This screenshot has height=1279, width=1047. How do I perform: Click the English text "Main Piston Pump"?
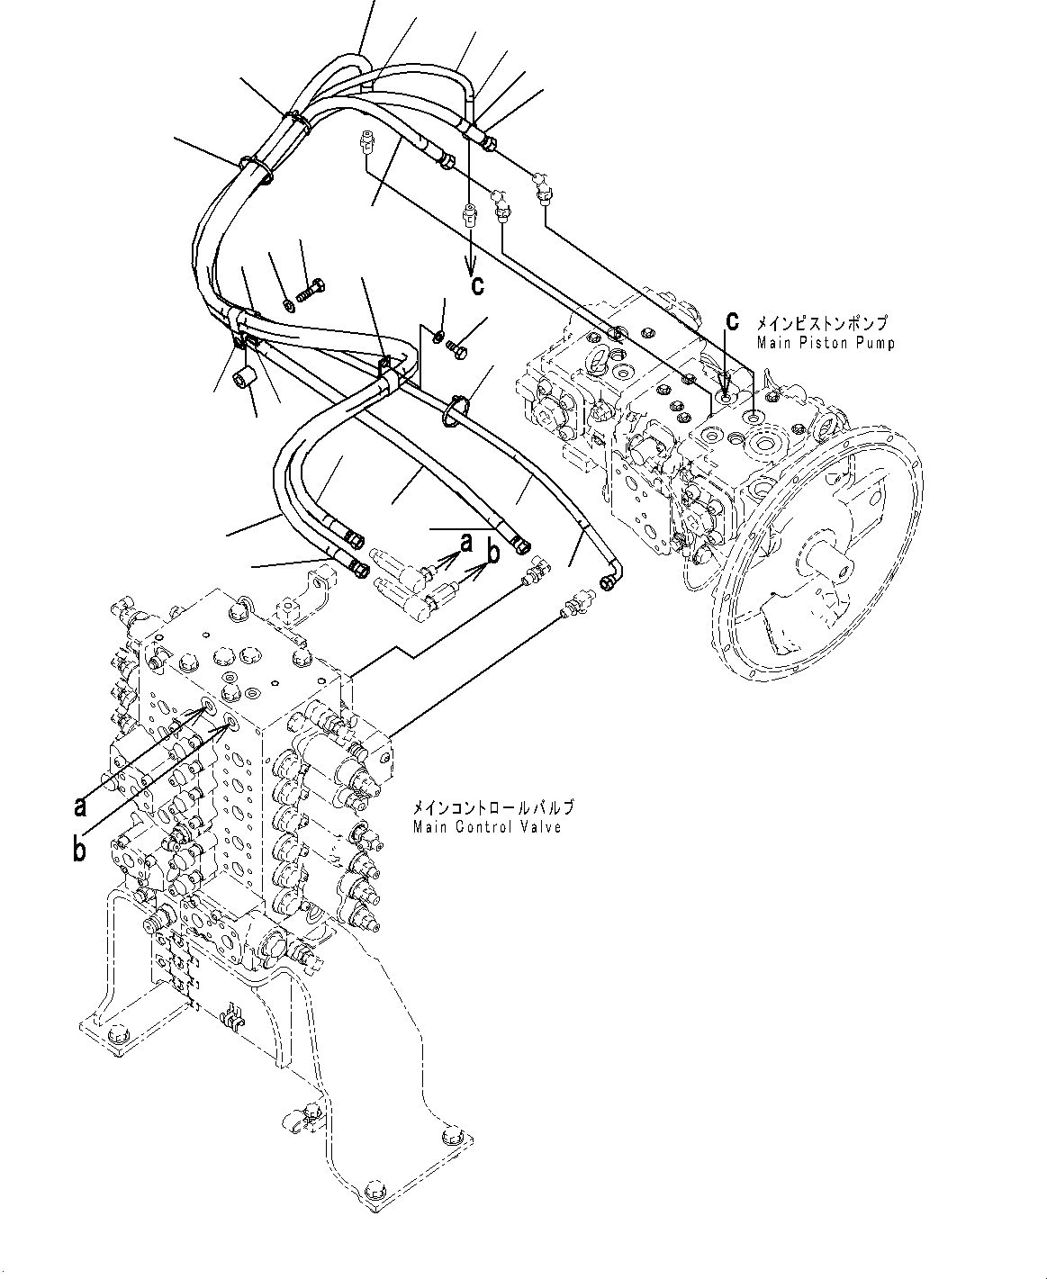(x=826, y=343)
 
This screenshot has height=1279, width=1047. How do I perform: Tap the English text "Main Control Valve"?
(x=487, y=827)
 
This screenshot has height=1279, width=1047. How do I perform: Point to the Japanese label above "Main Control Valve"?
(x=492, y=808)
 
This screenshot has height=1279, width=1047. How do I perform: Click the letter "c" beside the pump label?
(x=733, y=320)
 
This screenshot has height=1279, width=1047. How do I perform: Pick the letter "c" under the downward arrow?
(x=477, y=285)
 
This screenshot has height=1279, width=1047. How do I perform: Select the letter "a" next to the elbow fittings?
(x=465, y=543)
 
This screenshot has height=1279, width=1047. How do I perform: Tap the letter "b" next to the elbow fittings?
(x=492, y=555)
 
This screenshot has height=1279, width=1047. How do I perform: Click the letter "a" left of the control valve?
(x=80, y=806)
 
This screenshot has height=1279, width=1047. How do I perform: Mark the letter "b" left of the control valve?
(x=80, y=849)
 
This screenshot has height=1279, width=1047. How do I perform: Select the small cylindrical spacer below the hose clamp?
(x=244, y=378)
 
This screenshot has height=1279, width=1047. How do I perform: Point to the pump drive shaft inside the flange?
(x=835, y=566)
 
